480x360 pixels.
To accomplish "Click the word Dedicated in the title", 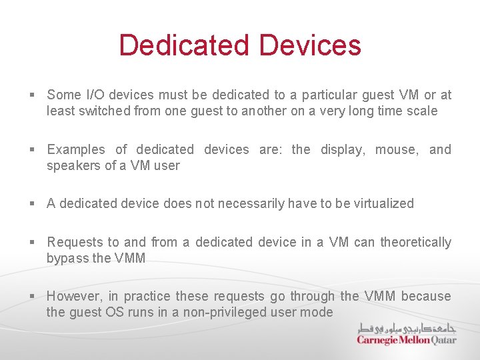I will (185, 45).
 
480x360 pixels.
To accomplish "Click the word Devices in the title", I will (310, 45).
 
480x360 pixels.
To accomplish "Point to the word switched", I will (104, 111).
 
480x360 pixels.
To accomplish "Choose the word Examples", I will (76, 149).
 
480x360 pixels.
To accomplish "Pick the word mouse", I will (397, 149).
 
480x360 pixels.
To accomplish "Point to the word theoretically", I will (415, 242).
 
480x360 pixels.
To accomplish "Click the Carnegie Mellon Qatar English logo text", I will (407, 339).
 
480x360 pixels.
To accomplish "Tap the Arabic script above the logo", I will (407, 327).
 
